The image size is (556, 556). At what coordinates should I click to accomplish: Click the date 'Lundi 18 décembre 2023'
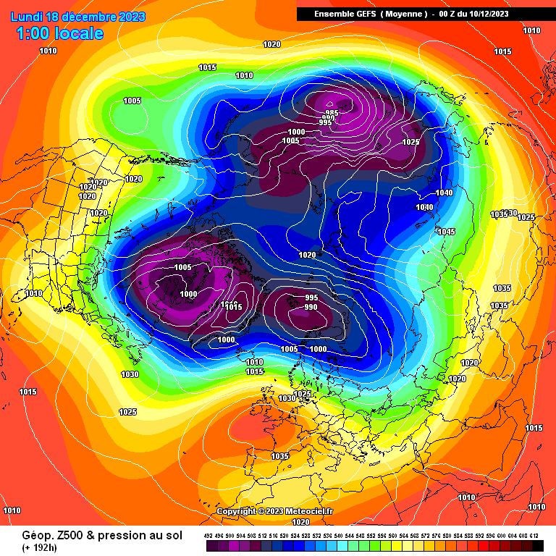point(78,17)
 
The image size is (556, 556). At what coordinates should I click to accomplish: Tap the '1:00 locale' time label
point(59,33)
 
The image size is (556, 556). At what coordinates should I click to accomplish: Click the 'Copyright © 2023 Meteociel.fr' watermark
point(275,511)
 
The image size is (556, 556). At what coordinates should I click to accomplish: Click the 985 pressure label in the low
point(332,114)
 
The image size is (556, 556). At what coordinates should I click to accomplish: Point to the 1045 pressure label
point(446,232)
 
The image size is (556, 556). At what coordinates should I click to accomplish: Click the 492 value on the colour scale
point(208,535)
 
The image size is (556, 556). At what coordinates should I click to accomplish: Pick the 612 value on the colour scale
point(534,535)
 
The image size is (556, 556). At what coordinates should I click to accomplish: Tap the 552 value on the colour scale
point(371,535)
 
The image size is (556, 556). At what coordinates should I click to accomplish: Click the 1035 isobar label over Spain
point(280,456)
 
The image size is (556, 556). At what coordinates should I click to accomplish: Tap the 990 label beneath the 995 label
point(311,307)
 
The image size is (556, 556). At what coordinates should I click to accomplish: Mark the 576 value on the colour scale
point(436,535)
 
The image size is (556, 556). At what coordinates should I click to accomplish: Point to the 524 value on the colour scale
point(295,535)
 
